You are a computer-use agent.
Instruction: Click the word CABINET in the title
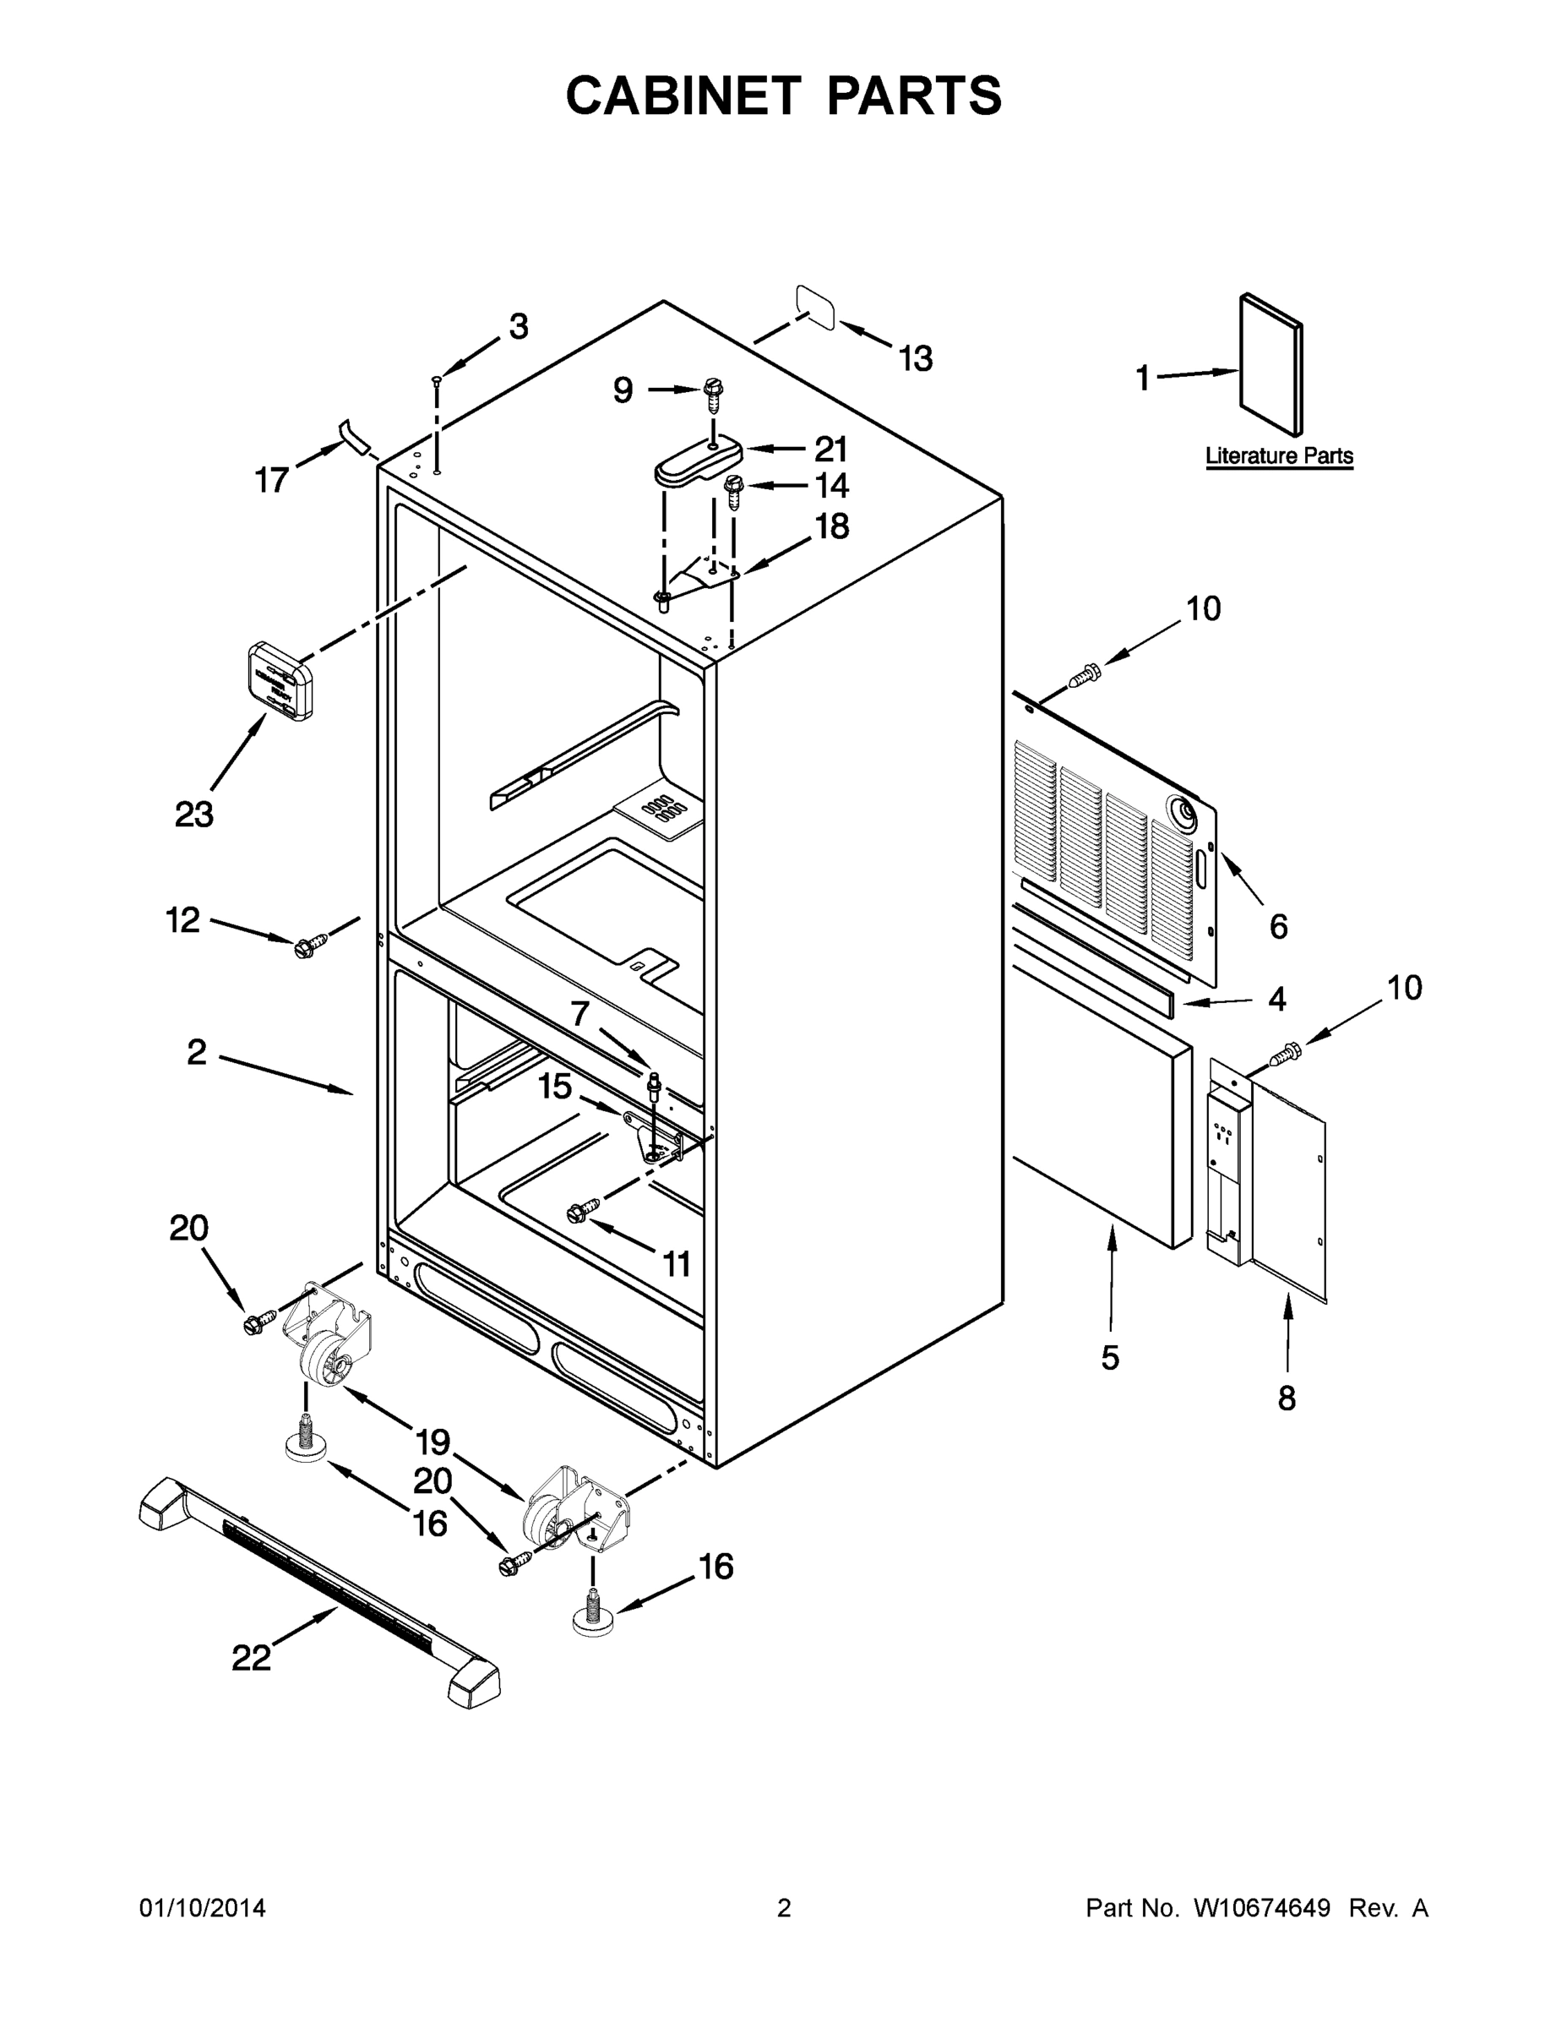[683, 95]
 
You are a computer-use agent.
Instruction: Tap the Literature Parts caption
[1278, 456]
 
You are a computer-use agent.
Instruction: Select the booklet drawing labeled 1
[1270, 365]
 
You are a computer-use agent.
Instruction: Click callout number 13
[916, 358]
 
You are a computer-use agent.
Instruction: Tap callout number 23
[194, 815]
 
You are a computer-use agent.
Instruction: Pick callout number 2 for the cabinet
[197, 1052]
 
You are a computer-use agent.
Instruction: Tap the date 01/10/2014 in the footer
[203, 1907]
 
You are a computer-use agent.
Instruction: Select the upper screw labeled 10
[1083, 676]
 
